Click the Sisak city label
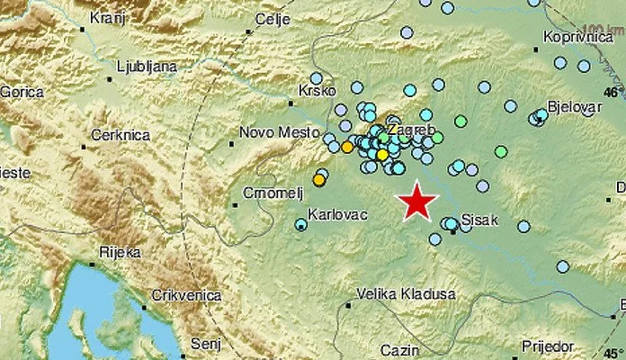(480, 219)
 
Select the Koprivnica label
(577, 39)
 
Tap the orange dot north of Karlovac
(317, 181)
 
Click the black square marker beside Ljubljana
(109, 78)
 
